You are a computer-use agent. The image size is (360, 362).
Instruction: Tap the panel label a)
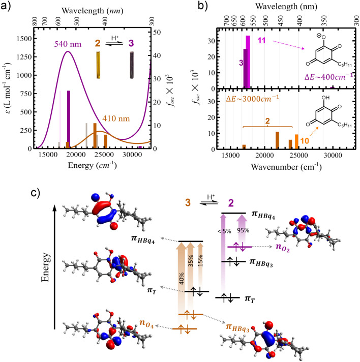coord(7,7)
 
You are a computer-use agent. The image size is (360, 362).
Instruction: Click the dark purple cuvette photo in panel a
coord(132,65)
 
